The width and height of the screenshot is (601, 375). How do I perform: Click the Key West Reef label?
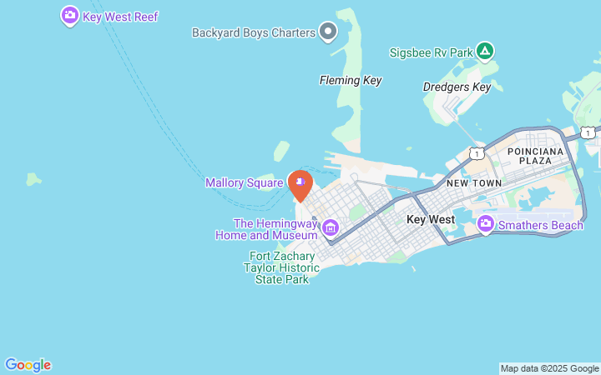coord(120,17)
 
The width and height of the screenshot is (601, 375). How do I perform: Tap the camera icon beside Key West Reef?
coord(70,16)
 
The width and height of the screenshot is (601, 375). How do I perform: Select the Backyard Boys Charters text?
coord(253,33)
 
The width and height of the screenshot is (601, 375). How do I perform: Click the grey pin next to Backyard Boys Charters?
coord(328,32)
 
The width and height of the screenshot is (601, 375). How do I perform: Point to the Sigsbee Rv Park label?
coord(431,52)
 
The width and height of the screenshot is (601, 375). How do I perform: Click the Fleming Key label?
coord(351,81)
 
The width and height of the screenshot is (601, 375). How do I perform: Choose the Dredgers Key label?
coord(457,87)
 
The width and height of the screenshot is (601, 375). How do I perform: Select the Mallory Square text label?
coord(245,182)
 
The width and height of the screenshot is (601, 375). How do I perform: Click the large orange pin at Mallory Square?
coord(300,182)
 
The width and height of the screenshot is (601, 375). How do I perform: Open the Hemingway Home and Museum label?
coord(275,229)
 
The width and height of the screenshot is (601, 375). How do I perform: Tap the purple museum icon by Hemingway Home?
coord(331,227)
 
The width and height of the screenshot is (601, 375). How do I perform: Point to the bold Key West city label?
coord(431,219)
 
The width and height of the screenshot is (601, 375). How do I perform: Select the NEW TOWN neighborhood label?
coord(473,182)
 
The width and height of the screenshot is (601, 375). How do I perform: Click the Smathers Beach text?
coord(540,225)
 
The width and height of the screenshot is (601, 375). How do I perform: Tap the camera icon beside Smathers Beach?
coord(486,224)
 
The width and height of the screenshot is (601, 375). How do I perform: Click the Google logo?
coord(28,365)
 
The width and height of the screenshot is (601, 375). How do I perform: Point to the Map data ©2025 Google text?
coord(549,368)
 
